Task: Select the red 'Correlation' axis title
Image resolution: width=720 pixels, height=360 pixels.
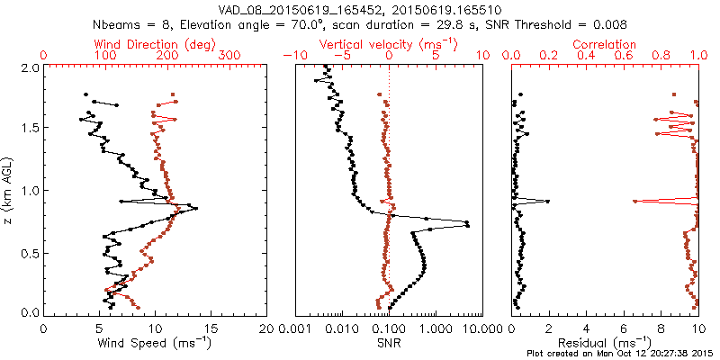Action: [x=605, y=43]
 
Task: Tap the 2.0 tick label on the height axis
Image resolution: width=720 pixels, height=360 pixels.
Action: [x=30, y=67]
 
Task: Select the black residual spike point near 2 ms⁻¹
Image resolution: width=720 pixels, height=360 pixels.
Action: [x=547, y=201]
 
